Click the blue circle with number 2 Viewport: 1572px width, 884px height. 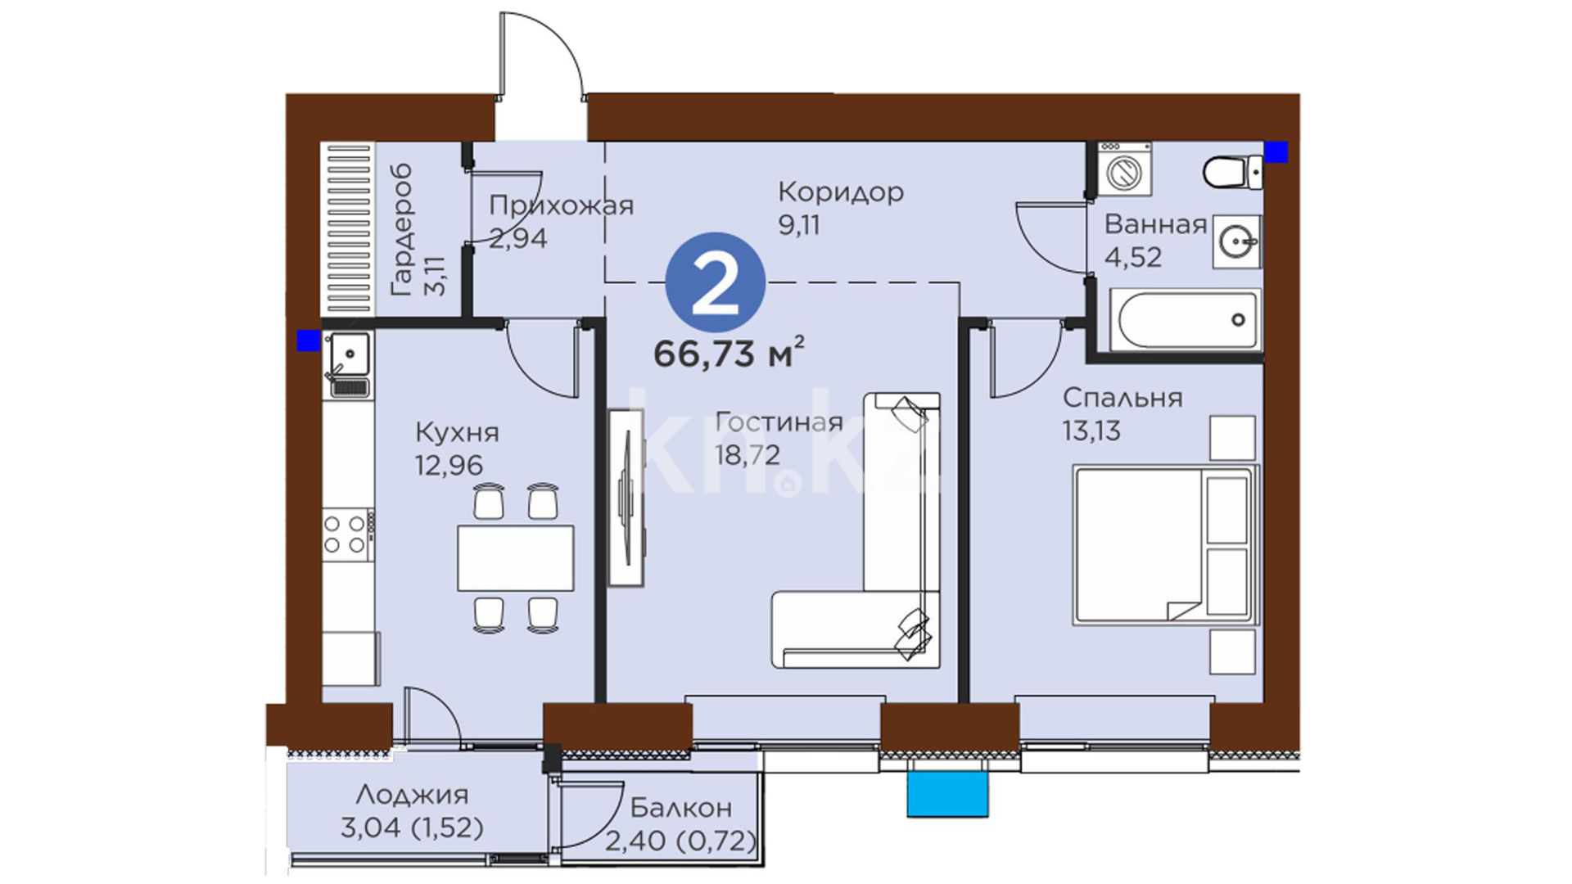[715, 283]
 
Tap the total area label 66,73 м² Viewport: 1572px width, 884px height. [729, 353]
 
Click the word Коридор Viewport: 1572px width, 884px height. [840, 192]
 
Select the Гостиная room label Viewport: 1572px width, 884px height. [779, 422]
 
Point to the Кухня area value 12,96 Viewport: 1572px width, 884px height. [449, 465]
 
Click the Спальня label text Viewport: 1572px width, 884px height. [1123, 398]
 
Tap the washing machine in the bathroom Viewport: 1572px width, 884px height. [1124, 169]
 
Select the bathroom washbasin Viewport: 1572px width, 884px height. [1237, 241]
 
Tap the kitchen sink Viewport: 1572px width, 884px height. [350, 361]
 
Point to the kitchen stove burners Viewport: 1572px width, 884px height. [345, 534]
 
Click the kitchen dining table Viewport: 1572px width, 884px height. [515, 558]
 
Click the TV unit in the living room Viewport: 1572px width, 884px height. [626, 498]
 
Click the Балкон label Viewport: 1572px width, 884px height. [681, 808]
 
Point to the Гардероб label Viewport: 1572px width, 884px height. [402, 230]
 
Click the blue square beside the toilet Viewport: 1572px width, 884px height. [1276, 152]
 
